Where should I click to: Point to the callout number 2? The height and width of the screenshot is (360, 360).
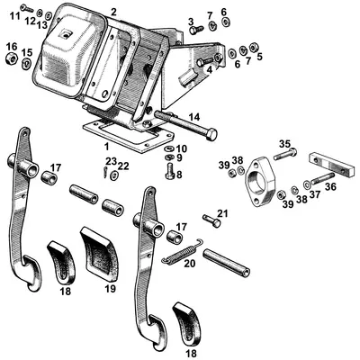113,12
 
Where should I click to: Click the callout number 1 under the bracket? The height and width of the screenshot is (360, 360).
106,145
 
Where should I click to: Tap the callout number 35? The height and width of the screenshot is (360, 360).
284,144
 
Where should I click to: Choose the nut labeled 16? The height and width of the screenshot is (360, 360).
12,59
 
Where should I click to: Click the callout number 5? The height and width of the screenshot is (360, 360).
259,56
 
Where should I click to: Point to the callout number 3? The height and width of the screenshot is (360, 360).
191,20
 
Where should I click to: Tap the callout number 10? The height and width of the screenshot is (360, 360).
182,148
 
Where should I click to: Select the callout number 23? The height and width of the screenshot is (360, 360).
110,161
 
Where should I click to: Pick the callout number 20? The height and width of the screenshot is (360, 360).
188,264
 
